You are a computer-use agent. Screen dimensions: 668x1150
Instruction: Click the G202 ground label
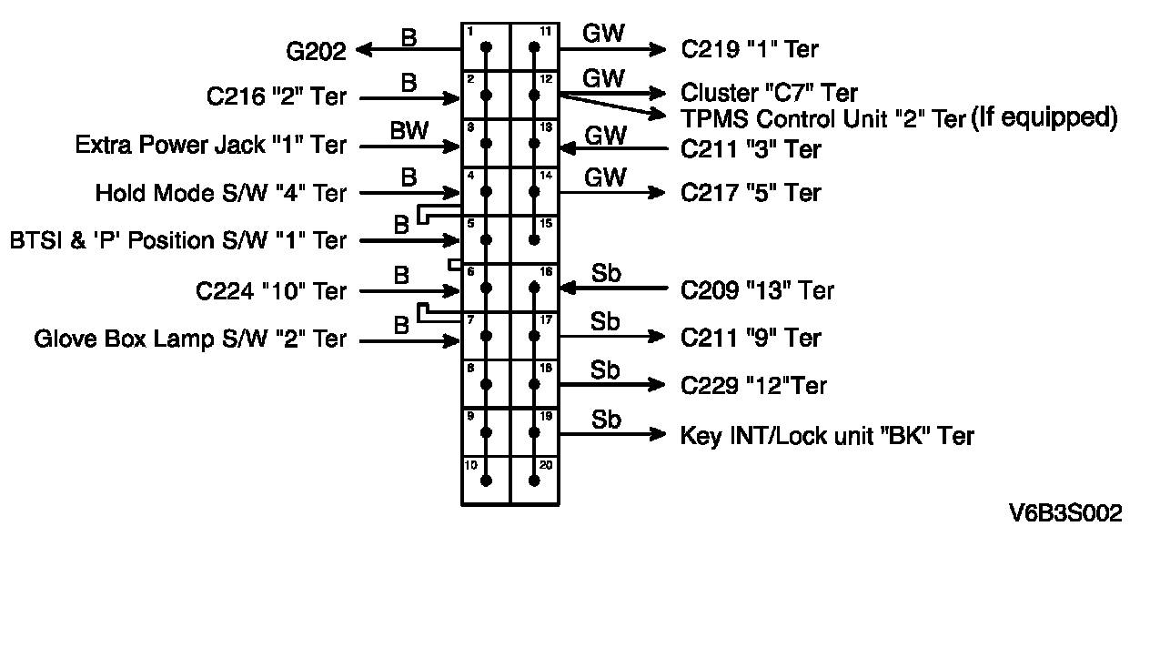click(316, 51)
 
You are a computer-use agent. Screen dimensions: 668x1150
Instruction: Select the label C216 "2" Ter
click(277, 96)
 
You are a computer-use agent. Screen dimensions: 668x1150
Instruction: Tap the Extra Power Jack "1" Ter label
click(210, 145)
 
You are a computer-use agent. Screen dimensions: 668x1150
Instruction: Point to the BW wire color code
click(409, 131)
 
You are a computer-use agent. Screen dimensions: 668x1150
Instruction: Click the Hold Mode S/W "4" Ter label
click(220, 193)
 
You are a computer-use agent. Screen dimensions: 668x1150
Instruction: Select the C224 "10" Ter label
click(271, 291)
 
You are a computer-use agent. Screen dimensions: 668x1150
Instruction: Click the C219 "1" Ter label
click(750, 49)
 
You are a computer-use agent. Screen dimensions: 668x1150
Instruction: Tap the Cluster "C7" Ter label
click(769, 93)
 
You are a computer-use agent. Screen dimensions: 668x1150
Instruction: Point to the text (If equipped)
click(1044, 117)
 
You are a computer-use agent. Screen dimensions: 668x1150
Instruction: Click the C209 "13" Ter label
click(757, 290)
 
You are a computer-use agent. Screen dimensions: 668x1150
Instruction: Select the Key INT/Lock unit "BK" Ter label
click(827, 436)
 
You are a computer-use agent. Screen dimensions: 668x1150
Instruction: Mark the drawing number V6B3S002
click(1064, 513)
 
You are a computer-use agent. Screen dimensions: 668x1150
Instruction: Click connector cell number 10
click(486, 480)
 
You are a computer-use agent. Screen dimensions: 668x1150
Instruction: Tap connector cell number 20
click(534, 480)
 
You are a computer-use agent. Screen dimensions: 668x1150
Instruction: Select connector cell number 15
click(534, 239)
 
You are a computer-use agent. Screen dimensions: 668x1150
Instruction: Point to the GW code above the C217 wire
click(604, 178)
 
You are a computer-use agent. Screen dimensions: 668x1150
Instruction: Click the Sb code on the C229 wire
click(605, 371)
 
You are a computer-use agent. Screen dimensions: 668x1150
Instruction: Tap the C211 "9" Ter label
click(751, 339)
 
